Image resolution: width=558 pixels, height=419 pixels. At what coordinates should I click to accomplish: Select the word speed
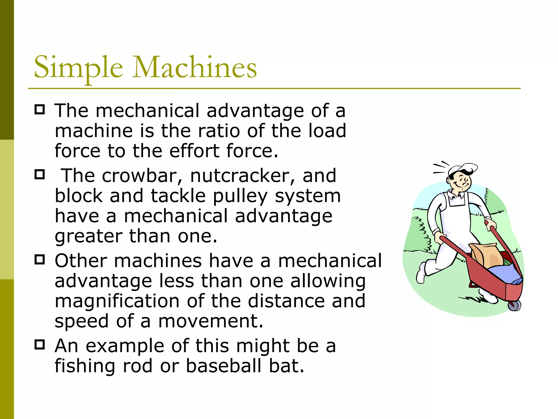tap(82, 322)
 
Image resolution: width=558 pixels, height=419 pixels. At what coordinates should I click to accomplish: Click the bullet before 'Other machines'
tap(40, 259)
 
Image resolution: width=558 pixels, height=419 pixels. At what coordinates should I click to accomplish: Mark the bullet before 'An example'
tap(40, 345)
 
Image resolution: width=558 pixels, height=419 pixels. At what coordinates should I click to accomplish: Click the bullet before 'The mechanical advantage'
tap(40, 109)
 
